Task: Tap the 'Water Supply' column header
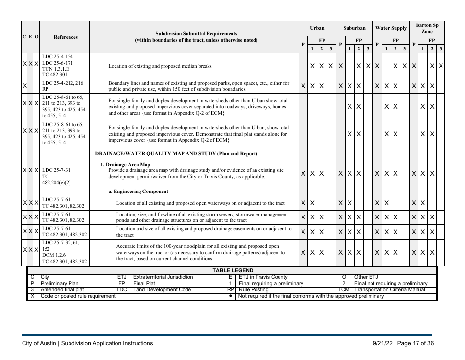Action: (391, 28)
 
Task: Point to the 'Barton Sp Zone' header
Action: (427, 28)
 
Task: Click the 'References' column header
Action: (65, 37)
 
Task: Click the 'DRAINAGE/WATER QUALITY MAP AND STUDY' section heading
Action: (176, 153)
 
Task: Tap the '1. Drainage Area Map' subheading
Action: (125, 165)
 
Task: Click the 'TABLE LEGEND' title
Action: (232, 270)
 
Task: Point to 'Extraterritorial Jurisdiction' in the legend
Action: (163, 277)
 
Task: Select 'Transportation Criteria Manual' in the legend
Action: (393, 290)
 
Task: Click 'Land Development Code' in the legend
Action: (162, 290)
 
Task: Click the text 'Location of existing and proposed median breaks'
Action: (160, 66)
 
